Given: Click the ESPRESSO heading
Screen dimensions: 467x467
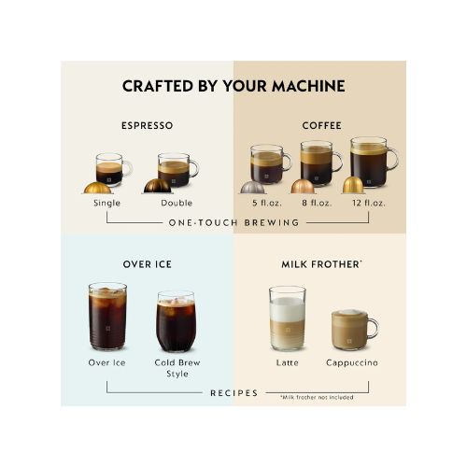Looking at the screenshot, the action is pyautogui.click(x=147, y=125).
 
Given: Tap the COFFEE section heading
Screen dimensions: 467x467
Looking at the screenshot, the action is pyautogui.click(x=321, y=125).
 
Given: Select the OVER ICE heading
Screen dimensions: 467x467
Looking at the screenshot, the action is pyautogui.click(x=147, y=264).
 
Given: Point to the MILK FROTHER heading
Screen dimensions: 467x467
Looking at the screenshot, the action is pyautogui.click(x=320, y=264).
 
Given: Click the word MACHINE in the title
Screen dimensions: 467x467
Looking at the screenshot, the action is pyautogui.click(x=308, y=86).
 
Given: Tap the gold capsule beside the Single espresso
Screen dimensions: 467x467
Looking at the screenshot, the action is pyautogui.click(x=97, y=188).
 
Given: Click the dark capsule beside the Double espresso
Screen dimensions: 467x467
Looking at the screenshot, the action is pyautogui.click(x=157, y=186).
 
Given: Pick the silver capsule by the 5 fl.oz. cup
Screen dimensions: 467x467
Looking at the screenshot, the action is pyautogui.click(x=252, y=188).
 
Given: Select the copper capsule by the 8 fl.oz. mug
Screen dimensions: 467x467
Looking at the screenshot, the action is pyautogui.click(x=303, y=186).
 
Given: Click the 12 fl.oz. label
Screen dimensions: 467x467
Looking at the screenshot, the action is pyautogui.click(x=369, y=203).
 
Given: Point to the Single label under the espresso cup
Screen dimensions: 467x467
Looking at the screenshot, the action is pyautogui.click(x=106, y=203).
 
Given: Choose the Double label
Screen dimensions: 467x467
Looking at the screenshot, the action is pyautogui.click(x=177, y=203).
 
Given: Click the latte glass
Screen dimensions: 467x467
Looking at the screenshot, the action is pyautogui.click(x=287, y=318).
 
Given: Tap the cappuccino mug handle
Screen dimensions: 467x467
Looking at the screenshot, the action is pyautogui.click(x=374, y=329).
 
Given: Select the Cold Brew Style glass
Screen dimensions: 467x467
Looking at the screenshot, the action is pyautogui.click(x=176, y=321).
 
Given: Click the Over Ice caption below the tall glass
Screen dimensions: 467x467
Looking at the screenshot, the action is pyautogui.click(x=106, y=362).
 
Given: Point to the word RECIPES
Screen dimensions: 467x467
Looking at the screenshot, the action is pyautogui.click(x=234, y=393).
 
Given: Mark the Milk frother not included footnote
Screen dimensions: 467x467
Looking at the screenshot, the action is pyautogui.click(x=317, y=397).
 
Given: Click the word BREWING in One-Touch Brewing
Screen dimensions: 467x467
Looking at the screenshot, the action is pyautogui.click(x=272, y=223).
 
